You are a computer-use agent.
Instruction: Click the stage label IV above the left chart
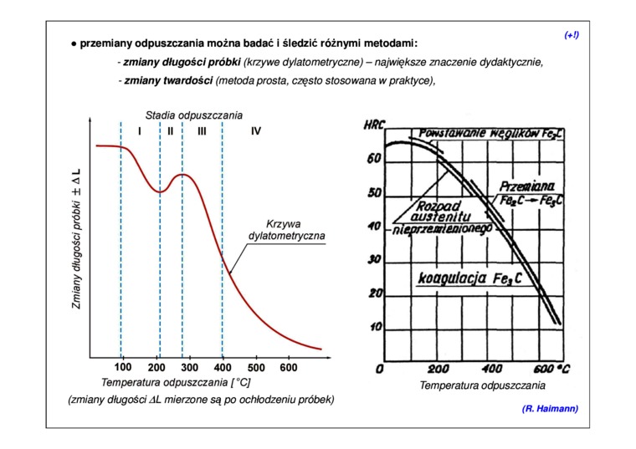coord(255,131)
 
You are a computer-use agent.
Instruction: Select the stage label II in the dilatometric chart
coord(170,131)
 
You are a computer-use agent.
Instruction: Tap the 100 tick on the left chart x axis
coord(122,367)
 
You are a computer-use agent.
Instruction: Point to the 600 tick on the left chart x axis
coord(288,367)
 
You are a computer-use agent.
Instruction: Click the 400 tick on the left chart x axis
coord(222,367)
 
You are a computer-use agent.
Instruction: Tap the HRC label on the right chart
coord(373,125)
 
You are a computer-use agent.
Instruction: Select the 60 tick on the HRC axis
coord(374,159)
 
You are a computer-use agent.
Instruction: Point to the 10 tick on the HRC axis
coord(375,326)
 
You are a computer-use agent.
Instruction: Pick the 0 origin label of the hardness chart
coord(380,369)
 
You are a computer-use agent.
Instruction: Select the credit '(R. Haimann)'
coord(549,408)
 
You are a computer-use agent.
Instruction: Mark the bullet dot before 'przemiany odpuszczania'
coord(74,43)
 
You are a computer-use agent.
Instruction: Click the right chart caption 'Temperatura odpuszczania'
coord(482,385)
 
